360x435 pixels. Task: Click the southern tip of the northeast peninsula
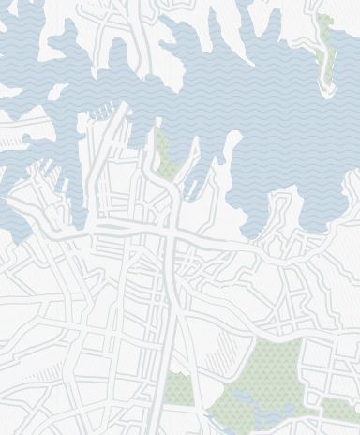[x=329, y=90]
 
